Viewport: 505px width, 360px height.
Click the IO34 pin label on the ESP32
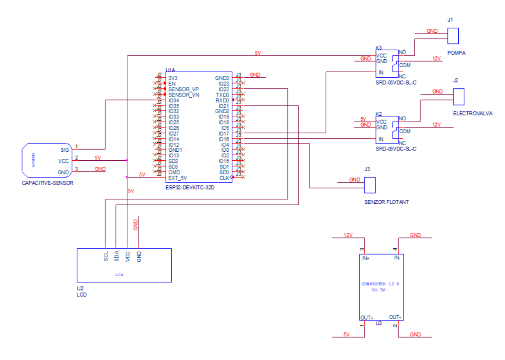click(173, 100)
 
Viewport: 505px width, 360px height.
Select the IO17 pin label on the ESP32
click(224, 133)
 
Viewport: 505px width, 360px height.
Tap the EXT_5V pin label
click(177, 178)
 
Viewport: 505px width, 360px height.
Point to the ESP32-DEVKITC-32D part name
click(190, 187)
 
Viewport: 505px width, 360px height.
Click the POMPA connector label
click(456, 53)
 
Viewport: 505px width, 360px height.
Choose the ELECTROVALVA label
click(472, 114)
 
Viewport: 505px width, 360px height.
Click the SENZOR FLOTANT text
click(386, 202)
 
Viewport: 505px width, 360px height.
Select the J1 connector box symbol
click(452, 35)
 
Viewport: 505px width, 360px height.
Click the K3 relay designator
click(378, 48)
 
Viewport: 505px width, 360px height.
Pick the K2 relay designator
click(378, 114)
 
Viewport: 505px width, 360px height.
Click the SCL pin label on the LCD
click(106, 256)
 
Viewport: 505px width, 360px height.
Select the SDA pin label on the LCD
click(117, 256)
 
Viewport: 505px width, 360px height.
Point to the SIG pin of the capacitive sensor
click(65, 149)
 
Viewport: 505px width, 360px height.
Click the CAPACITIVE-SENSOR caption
click(47, 183)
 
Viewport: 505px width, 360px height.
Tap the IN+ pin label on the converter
click(366, 258)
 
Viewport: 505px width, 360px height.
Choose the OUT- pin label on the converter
click(395, 316)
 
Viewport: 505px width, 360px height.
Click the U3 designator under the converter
click(379, 323)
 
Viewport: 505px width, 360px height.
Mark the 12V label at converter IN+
click(348, 235)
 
